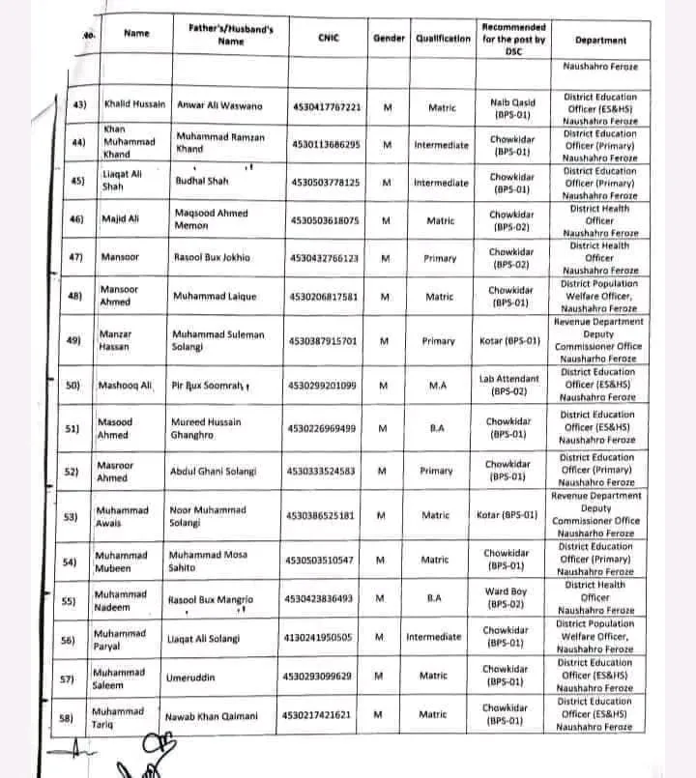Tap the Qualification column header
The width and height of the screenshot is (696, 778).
[443, 39]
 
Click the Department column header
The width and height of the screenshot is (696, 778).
[600, 41]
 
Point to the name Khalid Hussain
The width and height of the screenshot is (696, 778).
[134, 103]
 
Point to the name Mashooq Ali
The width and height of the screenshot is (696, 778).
[127, 385]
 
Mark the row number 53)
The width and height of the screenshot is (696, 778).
[70, 515]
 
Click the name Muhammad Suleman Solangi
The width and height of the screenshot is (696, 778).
[218, 340]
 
